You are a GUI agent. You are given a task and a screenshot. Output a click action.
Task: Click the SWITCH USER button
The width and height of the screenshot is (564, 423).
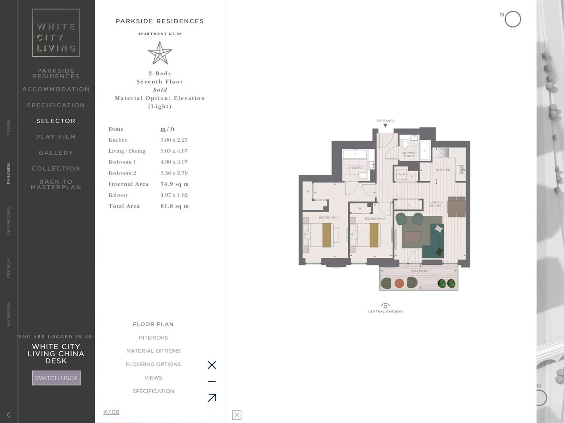[56, 378]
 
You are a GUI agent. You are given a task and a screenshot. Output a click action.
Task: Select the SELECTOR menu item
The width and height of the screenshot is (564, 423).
[56, 121]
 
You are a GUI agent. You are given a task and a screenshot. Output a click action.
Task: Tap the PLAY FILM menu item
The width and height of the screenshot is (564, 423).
[56, 137]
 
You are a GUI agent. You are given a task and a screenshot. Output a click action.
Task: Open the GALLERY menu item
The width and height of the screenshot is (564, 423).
[56, 153]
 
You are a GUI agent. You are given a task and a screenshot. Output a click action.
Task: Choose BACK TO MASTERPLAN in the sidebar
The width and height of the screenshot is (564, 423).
[56, 184]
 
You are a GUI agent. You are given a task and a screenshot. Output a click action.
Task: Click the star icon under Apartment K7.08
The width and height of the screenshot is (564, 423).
[160, 53]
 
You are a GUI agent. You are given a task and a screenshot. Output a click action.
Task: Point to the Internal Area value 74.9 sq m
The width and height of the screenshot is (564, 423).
[174, 184]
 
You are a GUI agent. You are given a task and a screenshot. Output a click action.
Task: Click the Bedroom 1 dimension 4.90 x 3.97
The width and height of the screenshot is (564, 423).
[174, 162]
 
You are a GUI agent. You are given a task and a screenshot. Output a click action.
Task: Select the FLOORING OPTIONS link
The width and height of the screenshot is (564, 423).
[153, 364]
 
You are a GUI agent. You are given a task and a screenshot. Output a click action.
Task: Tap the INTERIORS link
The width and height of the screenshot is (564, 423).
[153, 338]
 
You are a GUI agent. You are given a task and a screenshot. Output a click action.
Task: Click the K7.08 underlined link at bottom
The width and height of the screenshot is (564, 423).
[111, 412]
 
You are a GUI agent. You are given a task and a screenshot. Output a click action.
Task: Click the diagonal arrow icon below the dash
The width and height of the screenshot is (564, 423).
[212, 398]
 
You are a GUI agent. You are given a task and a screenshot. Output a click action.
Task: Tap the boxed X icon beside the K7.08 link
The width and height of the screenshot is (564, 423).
[237, 415]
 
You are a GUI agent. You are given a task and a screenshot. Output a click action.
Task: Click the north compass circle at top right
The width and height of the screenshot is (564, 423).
[513, 19]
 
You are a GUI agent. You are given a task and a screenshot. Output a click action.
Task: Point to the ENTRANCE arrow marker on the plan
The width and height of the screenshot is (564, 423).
[385, 125]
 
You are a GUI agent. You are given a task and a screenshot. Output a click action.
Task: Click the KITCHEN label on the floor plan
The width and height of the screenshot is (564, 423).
[443, 170]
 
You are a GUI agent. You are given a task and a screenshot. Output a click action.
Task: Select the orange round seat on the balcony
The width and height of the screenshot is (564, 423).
[399, 283]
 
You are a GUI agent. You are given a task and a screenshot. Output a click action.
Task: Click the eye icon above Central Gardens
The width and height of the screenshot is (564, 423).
[385, 306]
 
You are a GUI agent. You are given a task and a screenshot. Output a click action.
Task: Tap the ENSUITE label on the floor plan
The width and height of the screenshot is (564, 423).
[355, 168]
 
